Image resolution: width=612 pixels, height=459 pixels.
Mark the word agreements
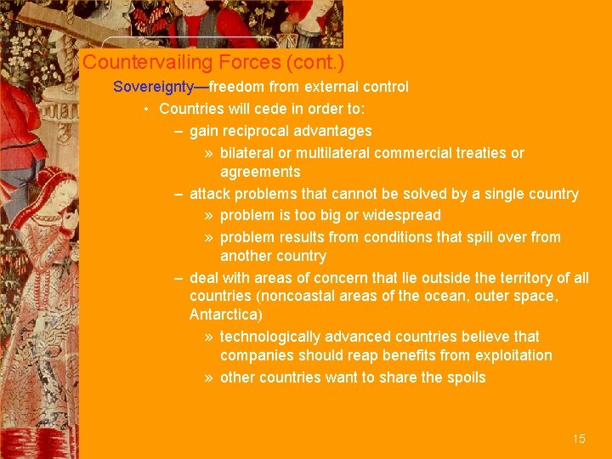point(260,172)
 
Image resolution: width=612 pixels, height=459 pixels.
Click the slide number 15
point(579,439)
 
